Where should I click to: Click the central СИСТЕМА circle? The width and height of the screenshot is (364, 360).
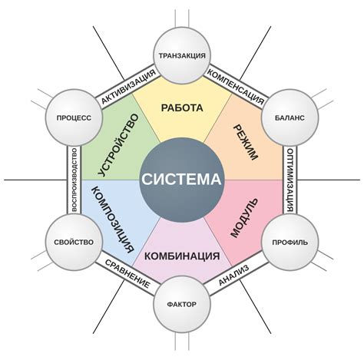tap(181, 180)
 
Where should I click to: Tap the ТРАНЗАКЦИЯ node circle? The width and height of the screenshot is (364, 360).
tap(181, 55)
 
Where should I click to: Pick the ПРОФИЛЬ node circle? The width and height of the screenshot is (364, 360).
tap(290, 242)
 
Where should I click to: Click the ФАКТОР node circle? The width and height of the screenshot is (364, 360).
tap(181, 304)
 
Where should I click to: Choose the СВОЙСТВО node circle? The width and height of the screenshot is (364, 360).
tap(74, 242)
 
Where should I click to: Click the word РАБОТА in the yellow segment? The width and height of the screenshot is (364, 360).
tap(182, 107)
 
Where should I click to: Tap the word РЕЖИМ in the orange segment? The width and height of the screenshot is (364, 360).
tap(245, 141)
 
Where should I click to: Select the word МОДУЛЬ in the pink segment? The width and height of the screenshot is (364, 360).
tap(245, 218)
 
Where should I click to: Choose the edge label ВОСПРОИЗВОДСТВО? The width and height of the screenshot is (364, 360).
tap(72, 180)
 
